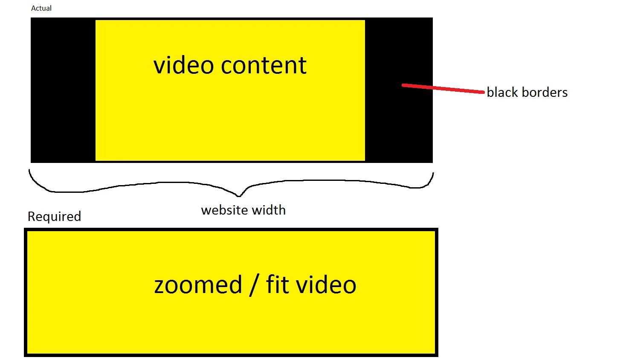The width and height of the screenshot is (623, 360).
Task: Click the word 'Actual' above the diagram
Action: (41, 8)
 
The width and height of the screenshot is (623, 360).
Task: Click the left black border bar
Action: (63, 90)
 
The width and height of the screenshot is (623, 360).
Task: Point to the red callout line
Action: (443, 88)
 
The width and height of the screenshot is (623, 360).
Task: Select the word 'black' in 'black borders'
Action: (502, 92)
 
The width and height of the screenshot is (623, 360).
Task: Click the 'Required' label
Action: (54, 217)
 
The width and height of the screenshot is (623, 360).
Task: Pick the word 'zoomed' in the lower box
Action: (198, 285)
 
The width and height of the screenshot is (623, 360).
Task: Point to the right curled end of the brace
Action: (432, 176)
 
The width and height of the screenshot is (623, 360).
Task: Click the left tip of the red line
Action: (403, 85)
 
